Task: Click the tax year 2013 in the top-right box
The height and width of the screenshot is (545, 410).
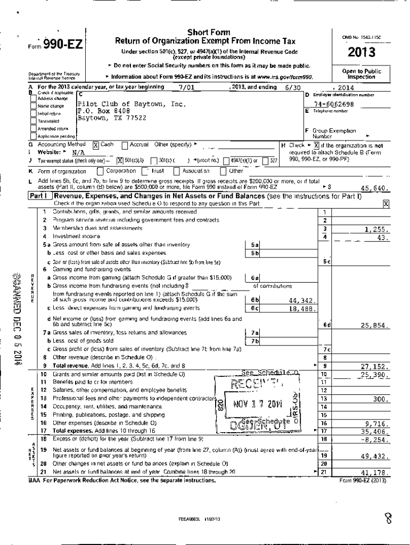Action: coord(362,52)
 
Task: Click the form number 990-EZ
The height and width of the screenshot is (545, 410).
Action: coord(62,46)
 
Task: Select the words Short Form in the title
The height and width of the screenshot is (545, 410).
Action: coord(205,32)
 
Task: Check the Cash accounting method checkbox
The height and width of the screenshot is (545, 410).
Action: coord(96,145)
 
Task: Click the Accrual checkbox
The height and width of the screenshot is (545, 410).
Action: coord(125,145)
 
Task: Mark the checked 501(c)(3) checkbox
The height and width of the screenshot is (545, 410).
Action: coord(120,160)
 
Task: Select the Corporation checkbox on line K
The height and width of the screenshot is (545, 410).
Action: coord(100,171)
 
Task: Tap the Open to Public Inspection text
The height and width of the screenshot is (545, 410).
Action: coord(362,74)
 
